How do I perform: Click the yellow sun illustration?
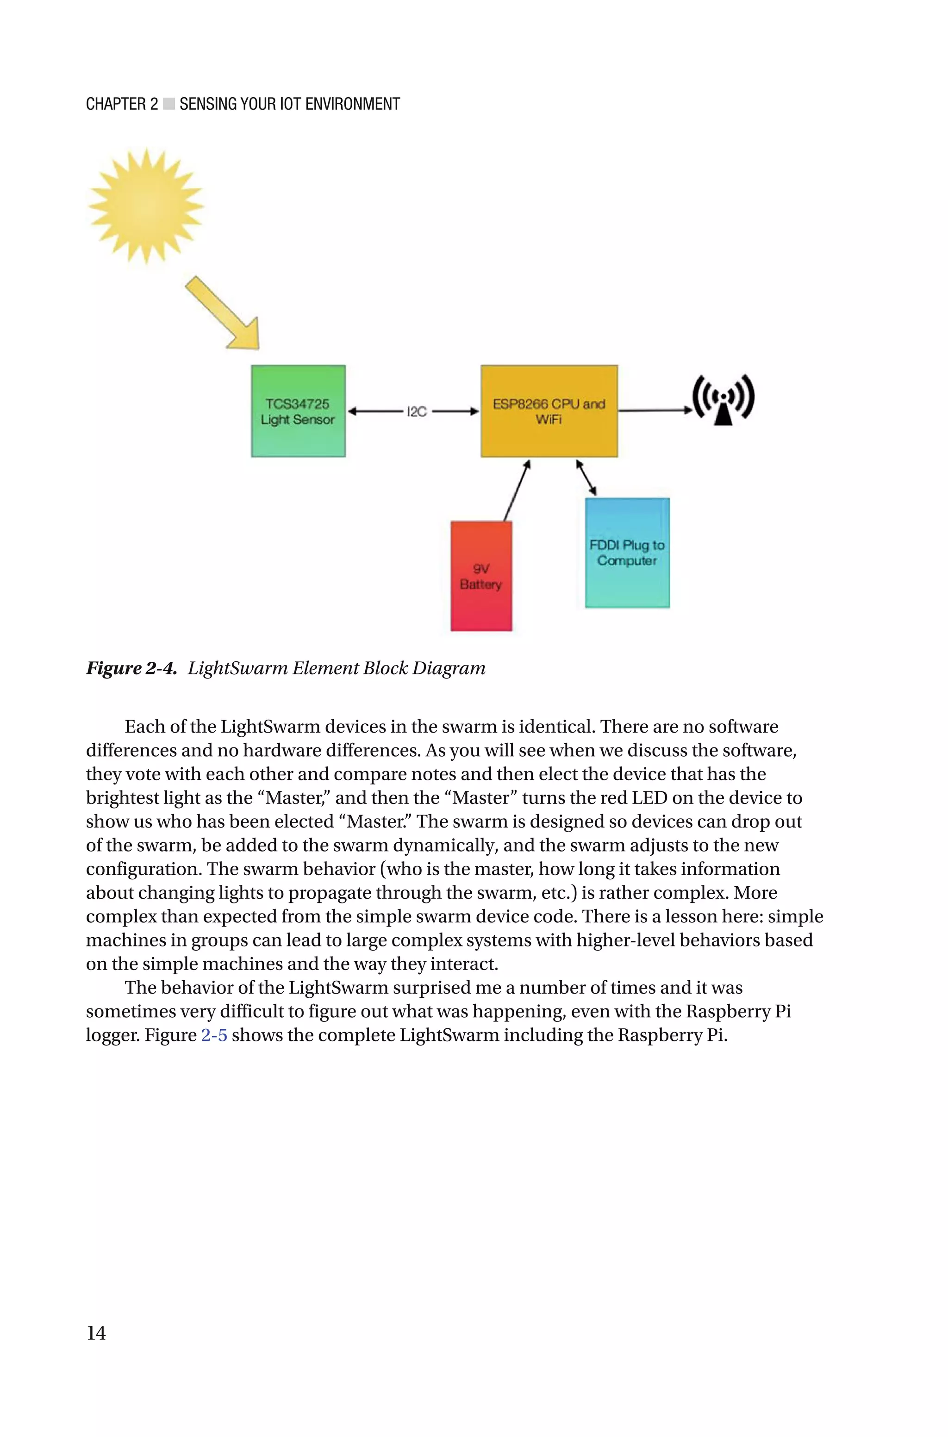[x=146, y=205]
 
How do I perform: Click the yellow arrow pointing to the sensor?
[x=224, y=314]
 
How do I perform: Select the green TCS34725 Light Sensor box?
[x=298, y=411]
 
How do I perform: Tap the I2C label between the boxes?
[x=417, y=411]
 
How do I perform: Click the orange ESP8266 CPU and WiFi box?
[x=549, y=411]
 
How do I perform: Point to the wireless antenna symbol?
[x=723, y=400]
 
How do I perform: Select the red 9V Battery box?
[x=481, y=576]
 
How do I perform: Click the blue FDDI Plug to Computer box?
[x=627, y=552]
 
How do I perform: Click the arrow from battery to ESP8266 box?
[x=518, y=491]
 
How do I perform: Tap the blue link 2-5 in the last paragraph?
[x=214, y=1035]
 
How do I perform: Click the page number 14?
[x=96, y=1332]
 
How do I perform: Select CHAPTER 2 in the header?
[x=122, y=104]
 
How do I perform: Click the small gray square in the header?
[x=168, y=104]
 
